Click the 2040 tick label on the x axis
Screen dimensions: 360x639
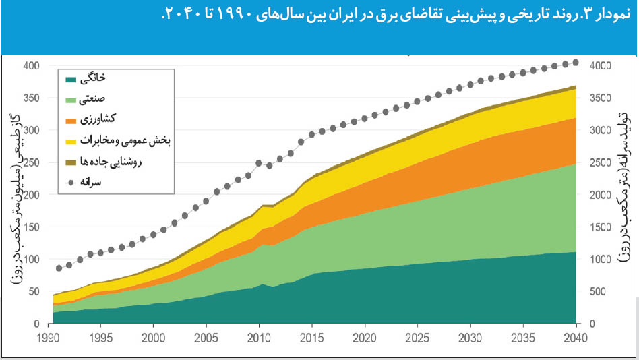(x=575, y=338)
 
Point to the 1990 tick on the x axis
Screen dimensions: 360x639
(x=49, y=338)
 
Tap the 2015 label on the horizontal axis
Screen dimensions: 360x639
(x=311, y=338)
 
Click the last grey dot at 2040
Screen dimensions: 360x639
(x=575, y=63)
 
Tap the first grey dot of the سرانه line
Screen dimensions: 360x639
(x=59, y=268)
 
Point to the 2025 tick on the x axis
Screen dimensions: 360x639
(x=417, y=338)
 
